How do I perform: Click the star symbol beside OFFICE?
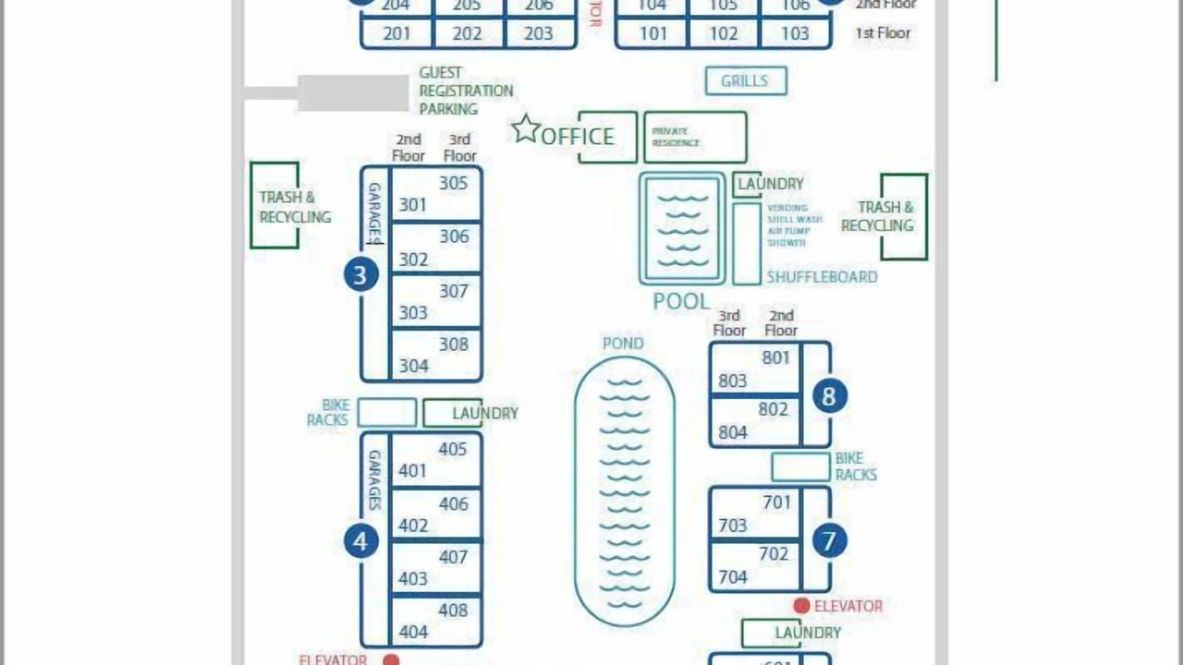coord(526,129)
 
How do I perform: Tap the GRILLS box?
coord(746,81)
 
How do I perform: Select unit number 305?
coord(453,183)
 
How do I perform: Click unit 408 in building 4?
coord(453,610)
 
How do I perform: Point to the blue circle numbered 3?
coord(360,274)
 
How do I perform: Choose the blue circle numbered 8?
coord(829,396)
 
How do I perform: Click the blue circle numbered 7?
coord(829,540)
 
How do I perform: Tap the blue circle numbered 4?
coord(360,540)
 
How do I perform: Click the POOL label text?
coord(681,301)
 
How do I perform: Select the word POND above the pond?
coord(623,344)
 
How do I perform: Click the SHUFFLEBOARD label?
coord(822,276)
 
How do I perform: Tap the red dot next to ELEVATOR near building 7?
coord(801,606)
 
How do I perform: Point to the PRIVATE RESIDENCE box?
coord(695,138)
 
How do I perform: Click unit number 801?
coord(776,357)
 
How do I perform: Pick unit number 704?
coord(733,577)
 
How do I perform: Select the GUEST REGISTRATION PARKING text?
coord(466,91)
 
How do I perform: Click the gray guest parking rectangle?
coord(352,92)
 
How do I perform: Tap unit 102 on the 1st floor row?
coord(724,34)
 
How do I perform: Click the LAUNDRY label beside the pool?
coord(770,184)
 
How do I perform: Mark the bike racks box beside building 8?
coord(800,467)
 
